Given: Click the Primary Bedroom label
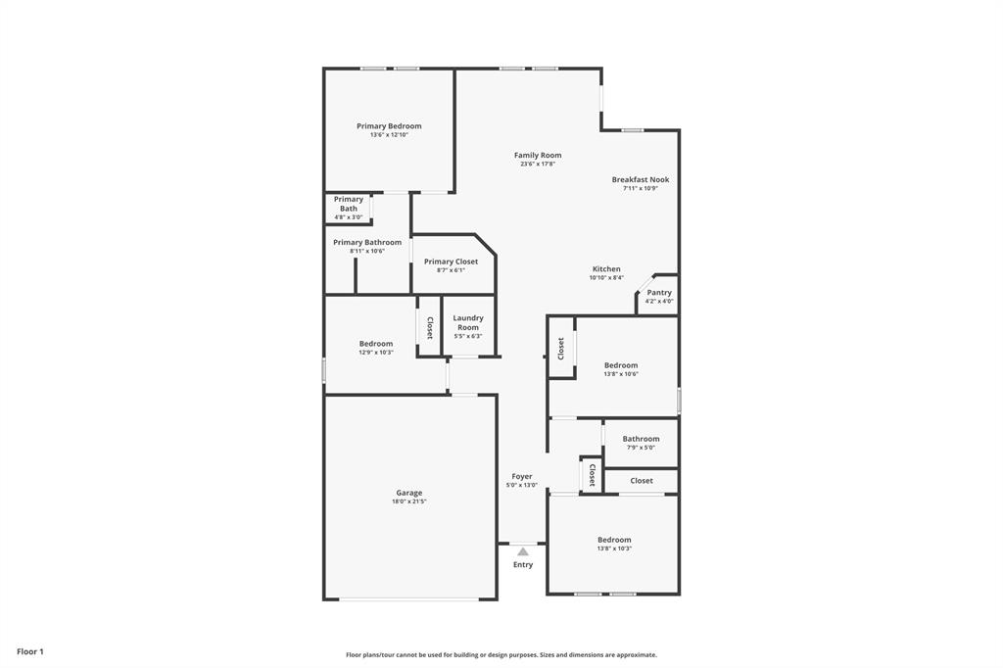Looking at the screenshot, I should [x=389, y=126].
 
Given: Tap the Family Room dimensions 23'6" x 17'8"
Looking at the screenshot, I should [x=538, y=165].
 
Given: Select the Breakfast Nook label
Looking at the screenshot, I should [x=641, y=180].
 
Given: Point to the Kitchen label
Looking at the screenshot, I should [x=606, y=269].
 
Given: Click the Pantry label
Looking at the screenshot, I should [x=659, y=293].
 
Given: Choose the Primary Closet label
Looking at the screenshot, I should [x=451, y=262].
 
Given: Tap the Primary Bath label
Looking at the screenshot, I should [x=349, y=204].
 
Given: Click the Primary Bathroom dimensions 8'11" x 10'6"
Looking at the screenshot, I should [x=367, y=251].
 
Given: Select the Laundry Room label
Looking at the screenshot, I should [x=468, y=322].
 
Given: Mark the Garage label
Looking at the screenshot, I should [x=409, y=493].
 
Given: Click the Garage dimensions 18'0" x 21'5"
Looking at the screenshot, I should [x=409, y=501].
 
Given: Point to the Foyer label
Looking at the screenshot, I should [x=522, y=476].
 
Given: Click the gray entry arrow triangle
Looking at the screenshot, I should [x=523, y=551].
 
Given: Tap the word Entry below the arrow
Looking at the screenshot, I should [x=523, y=564].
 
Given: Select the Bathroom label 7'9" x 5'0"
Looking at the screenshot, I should [x=641, y=439].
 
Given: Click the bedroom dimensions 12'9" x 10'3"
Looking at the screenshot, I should [x=376, y=353].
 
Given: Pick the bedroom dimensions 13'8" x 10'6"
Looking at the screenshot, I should [x=621, y=374].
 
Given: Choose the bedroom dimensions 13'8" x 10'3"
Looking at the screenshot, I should [x=614, y=549].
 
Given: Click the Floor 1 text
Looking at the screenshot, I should [x=30, y=651].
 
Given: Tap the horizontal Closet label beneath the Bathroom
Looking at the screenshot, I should [x=642, y=481].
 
